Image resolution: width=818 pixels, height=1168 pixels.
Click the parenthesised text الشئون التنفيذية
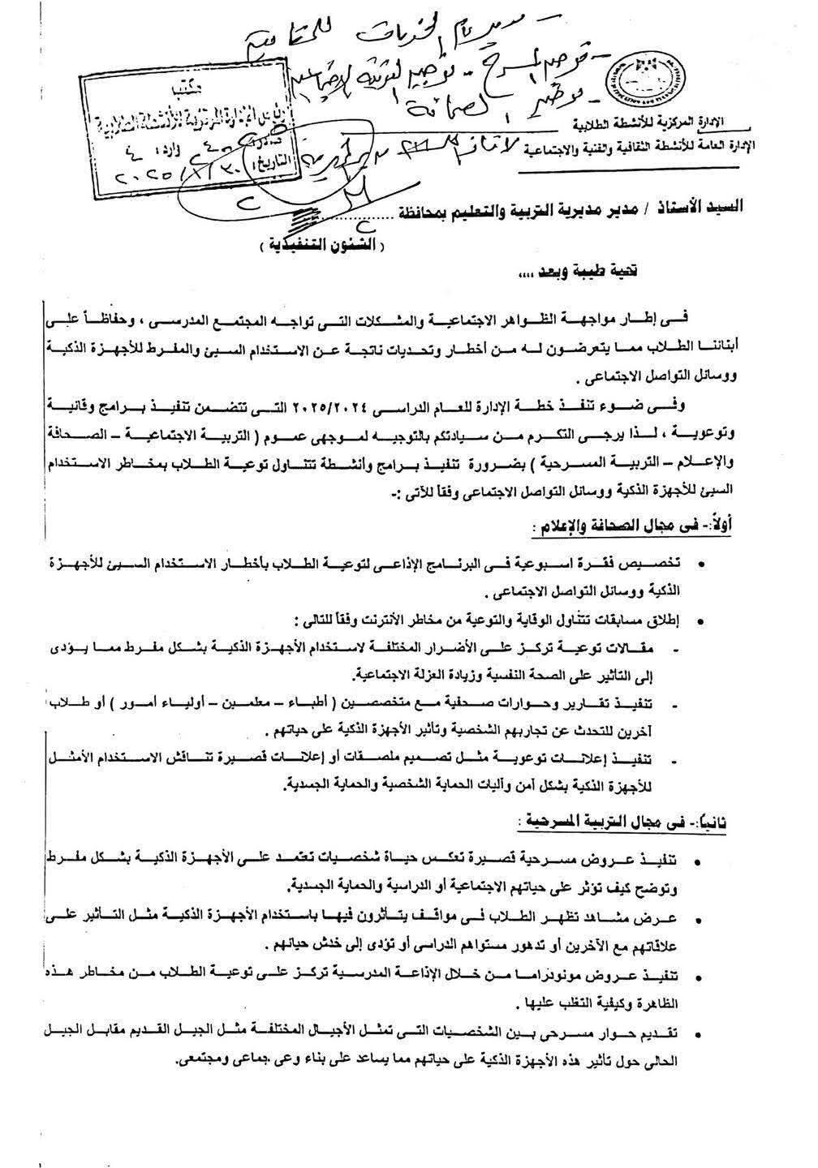click(325, 244)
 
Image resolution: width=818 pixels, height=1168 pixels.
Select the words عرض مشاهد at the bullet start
click(652, 916)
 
